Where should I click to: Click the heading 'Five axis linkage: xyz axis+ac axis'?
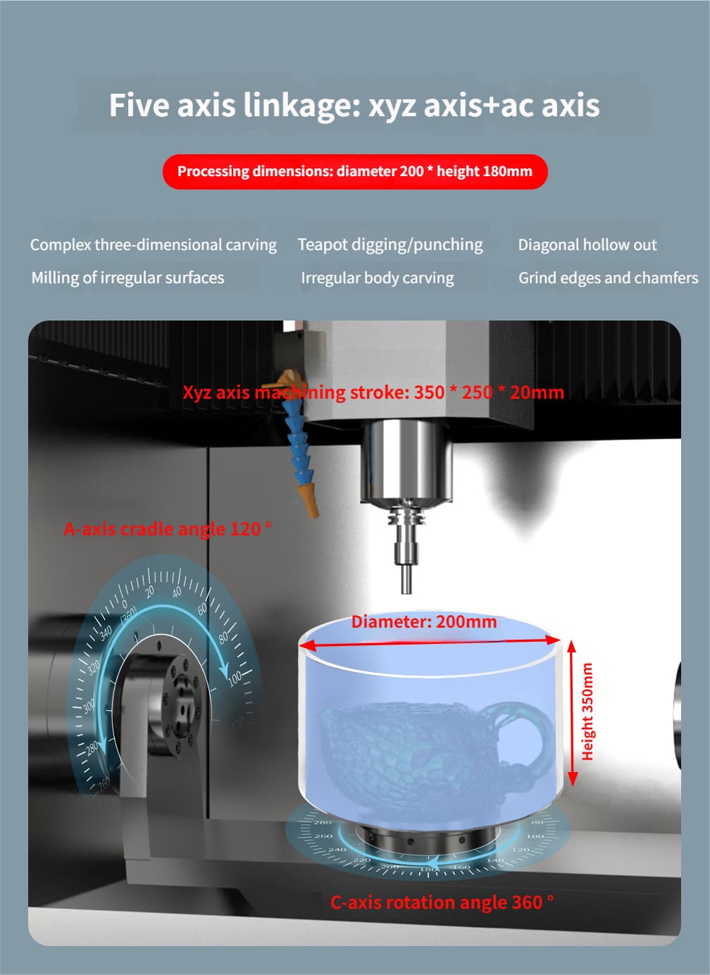354,106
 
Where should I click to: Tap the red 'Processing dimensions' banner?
355,171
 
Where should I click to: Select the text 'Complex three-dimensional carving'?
154,245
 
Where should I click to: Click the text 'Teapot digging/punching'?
390,245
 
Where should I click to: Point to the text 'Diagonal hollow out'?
587,244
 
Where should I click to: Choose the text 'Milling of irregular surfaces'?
127,278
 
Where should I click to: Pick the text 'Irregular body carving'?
377,278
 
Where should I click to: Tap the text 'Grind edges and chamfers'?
608,278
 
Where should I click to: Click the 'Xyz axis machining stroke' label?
373,392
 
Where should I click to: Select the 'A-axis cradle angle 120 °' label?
168,529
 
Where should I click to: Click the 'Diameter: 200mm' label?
424,621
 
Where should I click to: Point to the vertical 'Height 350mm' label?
587,712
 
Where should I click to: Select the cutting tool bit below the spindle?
406,579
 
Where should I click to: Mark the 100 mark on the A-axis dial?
235,677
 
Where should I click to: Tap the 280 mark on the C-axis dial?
323,823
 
